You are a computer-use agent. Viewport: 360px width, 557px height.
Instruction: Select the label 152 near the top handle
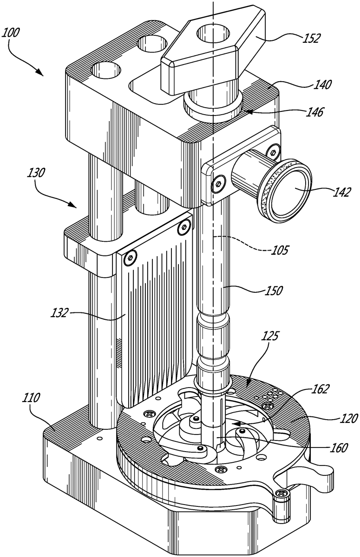click(x=309, y=38)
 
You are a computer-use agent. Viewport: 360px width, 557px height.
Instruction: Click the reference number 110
click(x=30, y=398)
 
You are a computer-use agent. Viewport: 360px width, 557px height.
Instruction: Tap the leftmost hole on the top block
click(x=105, y=71)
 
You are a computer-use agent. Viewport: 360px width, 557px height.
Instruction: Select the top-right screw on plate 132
click(x=185, y=227)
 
